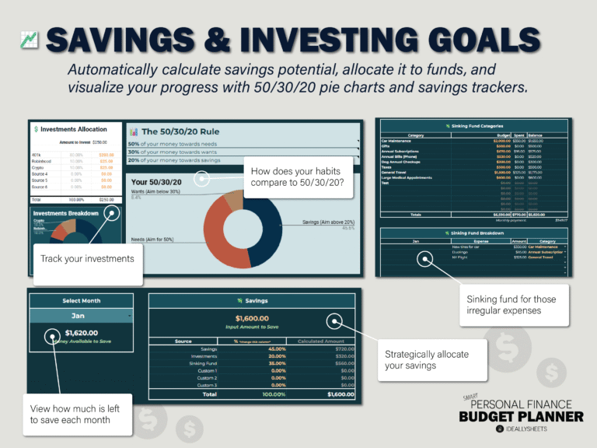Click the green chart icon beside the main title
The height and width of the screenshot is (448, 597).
click(x=29, y=40)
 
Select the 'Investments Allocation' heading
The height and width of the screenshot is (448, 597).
click(x=74, y=128)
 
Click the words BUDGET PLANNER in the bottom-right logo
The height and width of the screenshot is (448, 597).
click(x=521, y=417)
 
